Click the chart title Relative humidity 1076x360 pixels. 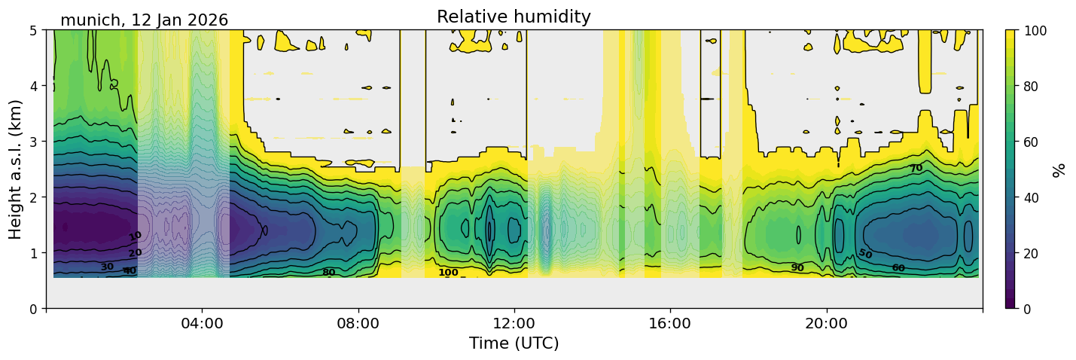[514, 17]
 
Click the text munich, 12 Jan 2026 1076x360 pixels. [144, 20]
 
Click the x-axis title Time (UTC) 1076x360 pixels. [514, 343]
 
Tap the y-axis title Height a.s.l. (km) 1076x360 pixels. [16, 169]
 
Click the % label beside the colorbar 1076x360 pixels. [1060, 169]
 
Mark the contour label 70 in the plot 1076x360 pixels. [916, 169]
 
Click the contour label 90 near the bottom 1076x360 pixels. [797, 268]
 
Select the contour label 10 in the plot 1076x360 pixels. [135, 236]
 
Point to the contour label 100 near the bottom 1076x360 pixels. [448, 273]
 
